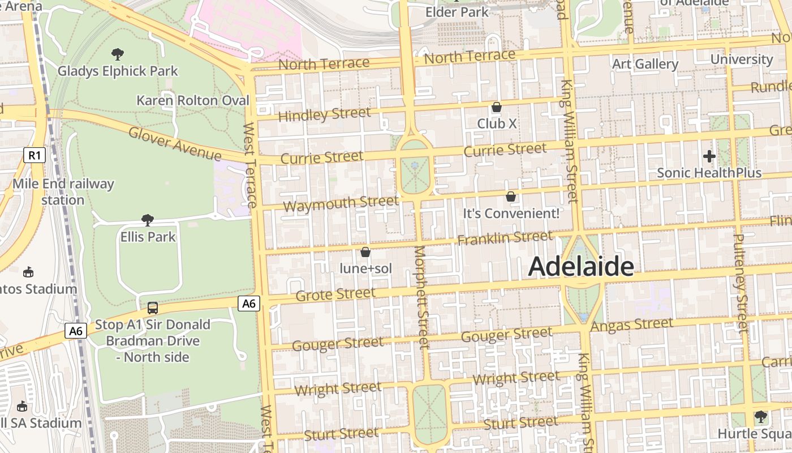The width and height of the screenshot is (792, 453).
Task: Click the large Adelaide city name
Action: [580, 267]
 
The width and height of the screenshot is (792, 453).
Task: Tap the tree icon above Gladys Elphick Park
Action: [118, 54]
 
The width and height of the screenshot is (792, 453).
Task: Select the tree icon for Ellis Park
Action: [148, 220]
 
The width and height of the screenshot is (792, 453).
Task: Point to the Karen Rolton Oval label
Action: [193, 100]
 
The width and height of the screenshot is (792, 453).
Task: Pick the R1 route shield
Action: [34, 155]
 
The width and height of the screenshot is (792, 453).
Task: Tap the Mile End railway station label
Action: [63, 192]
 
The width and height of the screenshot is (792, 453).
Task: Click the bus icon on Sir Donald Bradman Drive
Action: [153, 308]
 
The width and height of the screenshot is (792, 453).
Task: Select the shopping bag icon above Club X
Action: [497, 107]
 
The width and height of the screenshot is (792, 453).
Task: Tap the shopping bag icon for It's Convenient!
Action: [511, 196]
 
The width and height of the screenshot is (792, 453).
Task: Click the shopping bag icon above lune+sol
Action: [365, 252]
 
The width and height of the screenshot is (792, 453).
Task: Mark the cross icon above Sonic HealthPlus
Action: [709, 156]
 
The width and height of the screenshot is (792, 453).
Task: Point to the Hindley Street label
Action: [325, 114]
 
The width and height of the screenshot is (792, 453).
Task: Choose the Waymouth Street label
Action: [341, 203]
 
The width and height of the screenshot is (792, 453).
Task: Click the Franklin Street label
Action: [505, 238]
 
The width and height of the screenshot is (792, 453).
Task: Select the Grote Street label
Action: [335, 294]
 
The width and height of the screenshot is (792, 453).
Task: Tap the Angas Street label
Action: [632, 325]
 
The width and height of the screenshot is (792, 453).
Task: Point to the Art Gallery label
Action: [645, 64]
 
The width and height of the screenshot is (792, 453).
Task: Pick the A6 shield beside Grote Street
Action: [249, 304]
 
